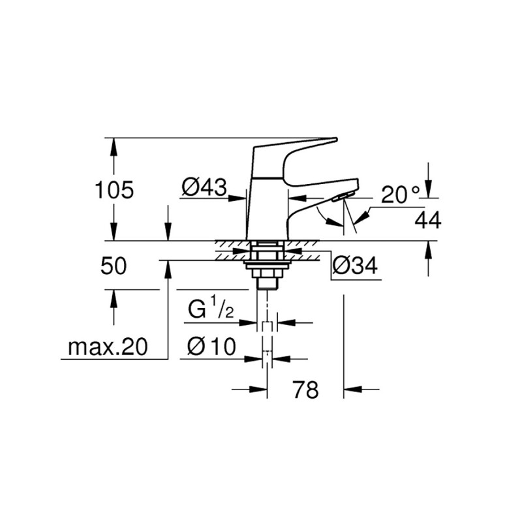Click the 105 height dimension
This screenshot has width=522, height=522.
click(x=114, y=191)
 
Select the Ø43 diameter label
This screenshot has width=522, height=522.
click(x=204, y=188)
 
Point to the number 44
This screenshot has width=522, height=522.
click(x=428, y=221)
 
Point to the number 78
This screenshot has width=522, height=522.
click(x=305, y=390)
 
